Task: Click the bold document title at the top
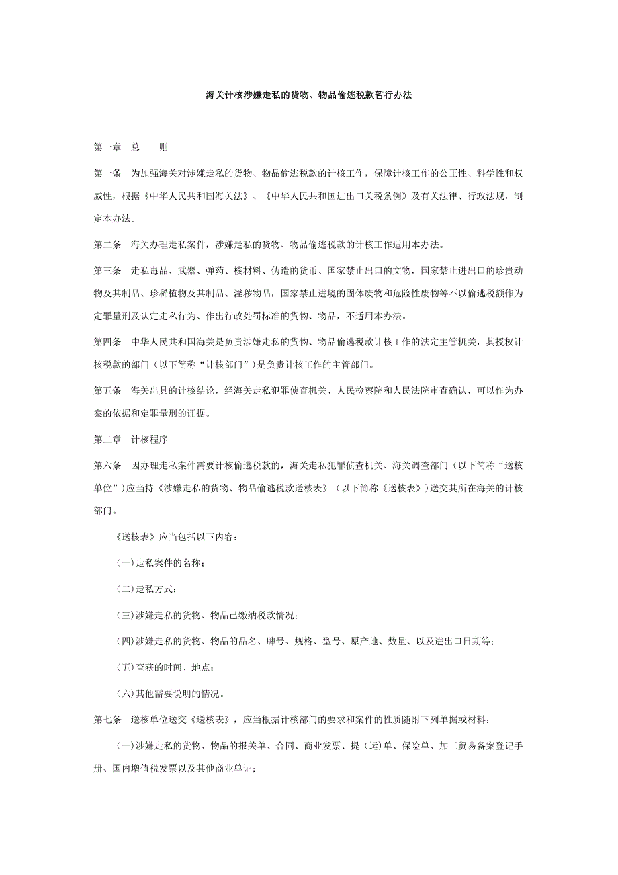[x=308, y=96]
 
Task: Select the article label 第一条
[x=107, y=173]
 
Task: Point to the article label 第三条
[x=107, y=271]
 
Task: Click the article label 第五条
[x=107, y=391]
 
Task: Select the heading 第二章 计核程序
[x=130, y=440]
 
